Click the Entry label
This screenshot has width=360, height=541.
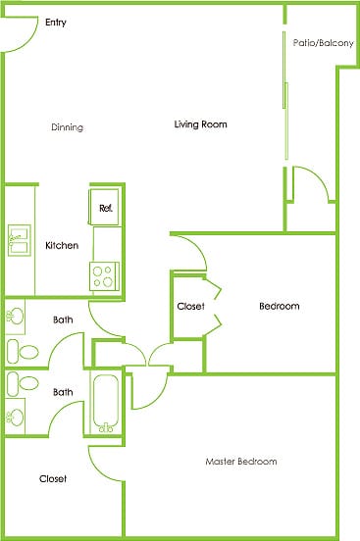coord(55,23)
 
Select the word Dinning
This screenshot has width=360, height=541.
coord(67,127)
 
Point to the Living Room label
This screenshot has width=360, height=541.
coord(200,124)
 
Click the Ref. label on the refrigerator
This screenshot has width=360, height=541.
coord(105,208)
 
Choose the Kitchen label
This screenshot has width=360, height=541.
coord(62,245)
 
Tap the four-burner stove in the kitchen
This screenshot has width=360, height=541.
coord(105,275)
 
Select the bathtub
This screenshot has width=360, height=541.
coord(104,402)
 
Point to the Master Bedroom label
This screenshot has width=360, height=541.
coord(240,462)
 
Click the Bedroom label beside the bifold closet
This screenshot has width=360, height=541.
coord(279,307)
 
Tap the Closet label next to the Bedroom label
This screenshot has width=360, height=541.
coord(190,307)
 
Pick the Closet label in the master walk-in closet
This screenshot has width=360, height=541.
coord(53,479)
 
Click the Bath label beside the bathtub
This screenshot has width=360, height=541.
coord(63,393)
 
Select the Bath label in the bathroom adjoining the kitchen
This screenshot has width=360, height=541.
coord(63,320)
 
